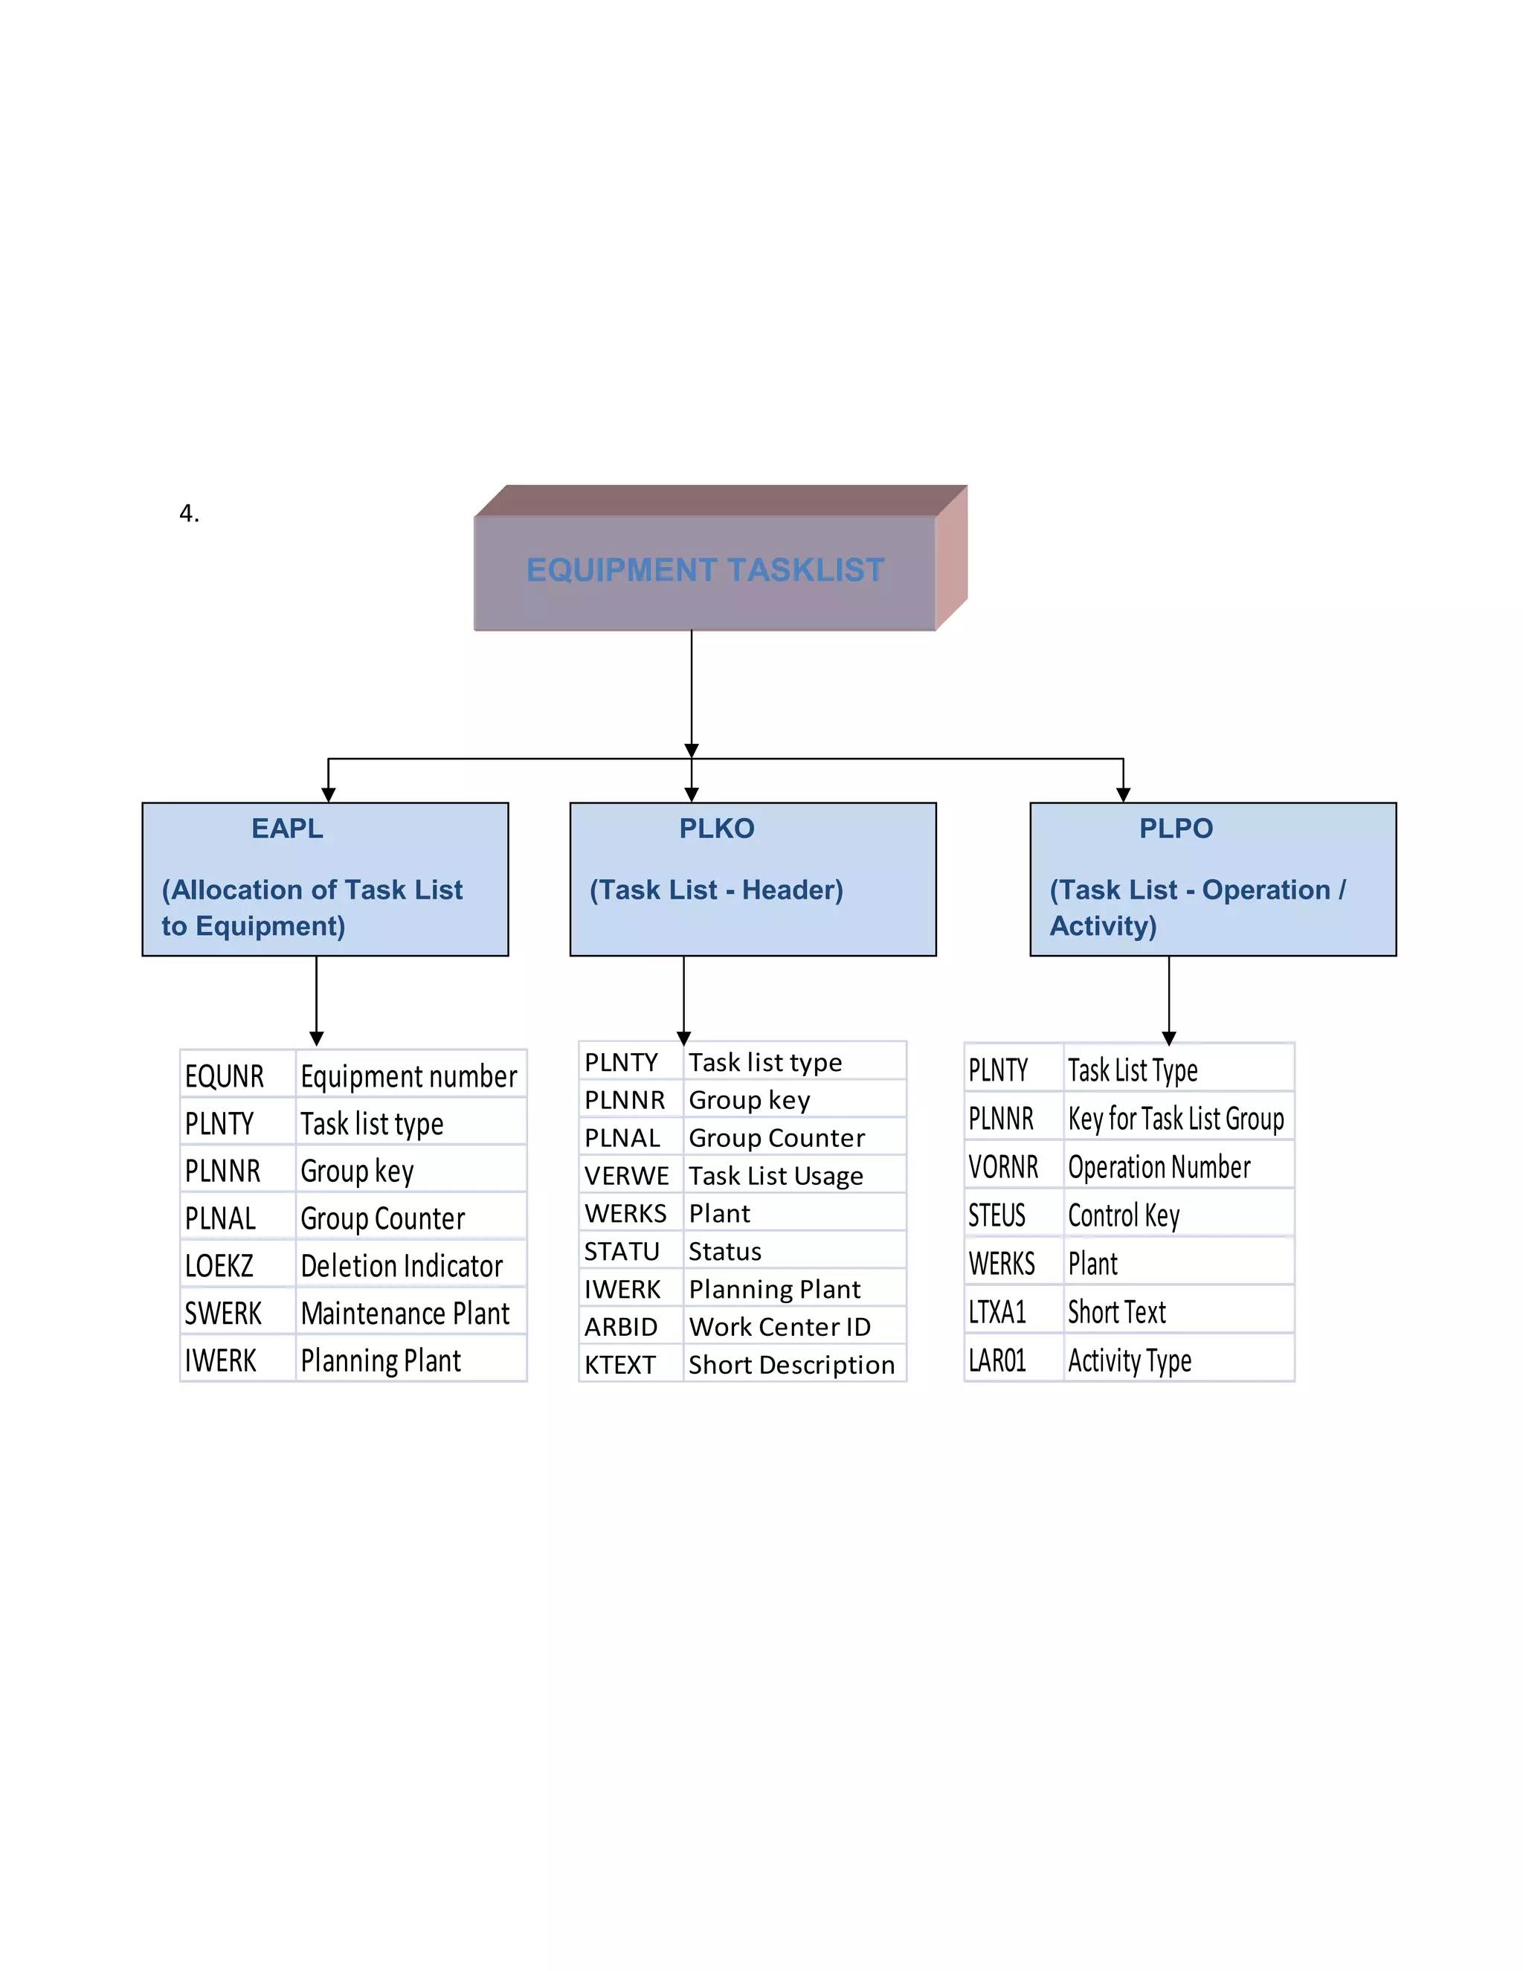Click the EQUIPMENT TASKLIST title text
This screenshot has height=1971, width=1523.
click(x=705, y=570)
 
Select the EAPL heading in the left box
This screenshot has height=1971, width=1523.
click(x=287, y=829)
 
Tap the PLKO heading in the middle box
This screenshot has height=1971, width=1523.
click(x=716, y=829)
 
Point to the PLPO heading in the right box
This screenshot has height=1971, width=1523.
click(x=1175, y=829)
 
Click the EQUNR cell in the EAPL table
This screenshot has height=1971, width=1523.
click(x=225, y=1077)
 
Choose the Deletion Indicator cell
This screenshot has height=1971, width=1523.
click(x=402, y=1266)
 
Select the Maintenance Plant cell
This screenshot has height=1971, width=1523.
click(x=405, y=1313)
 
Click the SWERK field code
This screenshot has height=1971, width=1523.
click(x=223, y=1313)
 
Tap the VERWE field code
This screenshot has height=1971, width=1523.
click(x=626, y=1176)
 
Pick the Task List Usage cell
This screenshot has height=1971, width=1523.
click(x=776, y=1176)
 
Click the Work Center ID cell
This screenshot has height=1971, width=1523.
click(x=779, y=1327)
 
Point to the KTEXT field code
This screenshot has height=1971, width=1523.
click(x=620, y=1365)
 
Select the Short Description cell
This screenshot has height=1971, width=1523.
click(x=791, y=1365)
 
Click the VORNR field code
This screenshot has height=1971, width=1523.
click(x=1003, y=1167)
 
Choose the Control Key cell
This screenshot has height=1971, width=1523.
click(x=1124, y=1215)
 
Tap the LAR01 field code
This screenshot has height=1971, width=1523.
click(x=997, y=1361)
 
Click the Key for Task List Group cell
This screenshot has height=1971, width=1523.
click(x=1176, y=1119)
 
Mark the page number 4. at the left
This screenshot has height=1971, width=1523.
click(x=189, y=513)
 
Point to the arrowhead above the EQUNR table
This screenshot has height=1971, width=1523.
click(x=316, y=1039)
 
